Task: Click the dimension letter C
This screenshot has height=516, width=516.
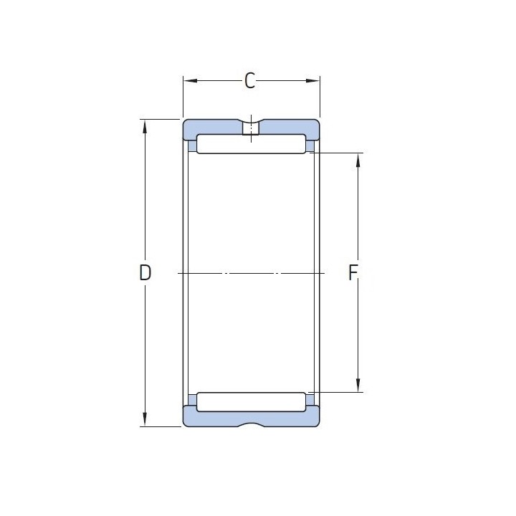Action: [x=250, y=80]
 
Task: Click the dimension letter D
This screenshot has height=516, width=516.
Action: [x=145, y=272]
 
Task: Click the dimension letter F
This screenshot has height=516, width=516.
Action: [x=353, y=273]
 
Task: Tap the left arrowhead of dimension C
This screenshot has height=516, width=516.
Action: [x=190, y=80]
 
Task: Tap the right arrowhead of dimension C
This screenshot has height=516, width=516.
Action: [x=312, y=80]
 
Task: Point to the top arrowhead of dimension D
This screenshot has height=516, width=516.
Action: [x=145, y=126]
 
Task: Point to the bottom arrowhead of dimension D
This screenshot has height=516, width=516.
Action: [x=145, y=419]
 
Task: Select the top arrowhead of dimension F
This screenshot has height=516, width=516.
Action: [x=358, y=161]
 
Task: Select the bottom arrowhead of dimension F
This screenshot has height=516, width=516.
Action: [x=358, y=385]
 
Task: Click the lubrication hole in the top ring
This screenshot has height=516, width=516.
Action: [x=251, y=128]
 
